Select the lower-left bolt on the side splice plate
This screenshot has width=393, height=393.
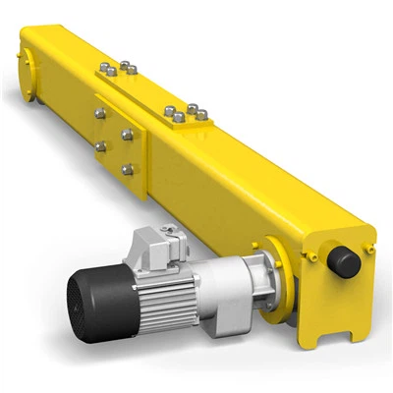tap(99, 146)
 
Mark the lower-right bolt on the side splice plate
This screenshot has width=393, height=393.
tap(127, 169)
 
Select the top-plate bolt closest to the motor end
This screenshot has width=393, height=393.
tap(200, 115)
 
